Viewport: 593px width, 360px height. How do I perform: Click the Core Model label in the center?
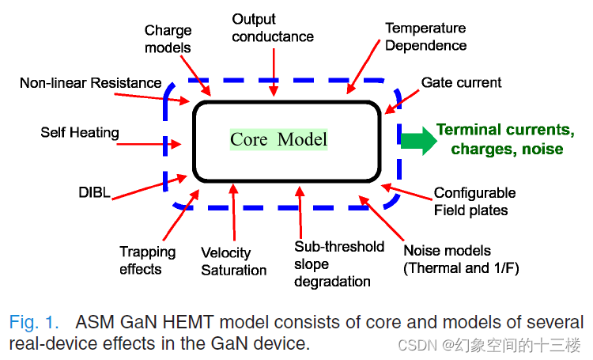pos(278,140)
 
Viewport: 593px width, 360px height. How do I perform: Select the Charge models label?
pos(168,39)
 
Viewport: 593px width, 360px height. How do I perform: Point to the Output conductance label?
pos(273,28)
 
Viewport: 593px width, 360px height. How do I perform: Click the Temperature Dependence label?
pos(425,36)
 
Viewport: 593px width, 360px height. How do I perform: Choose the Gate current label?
pos(461,82)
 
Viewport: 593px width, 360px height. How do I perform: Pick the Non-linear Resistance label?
pos(91,82)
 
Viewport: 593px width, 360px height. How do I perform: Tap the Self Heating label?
pos(80,132)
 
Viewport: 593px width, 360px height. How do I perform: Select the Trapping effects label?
pos(147,260)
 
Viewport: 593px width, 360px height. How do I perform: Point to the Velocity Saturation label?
pos(233,262)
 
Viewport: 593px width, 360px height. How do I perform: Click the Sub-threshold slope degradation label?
pos(338,263)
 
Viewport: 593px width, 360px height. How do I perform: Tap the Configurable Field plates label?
pos(474,201)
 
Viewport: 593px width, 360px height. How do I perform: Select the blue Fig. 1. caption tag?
pos(34,322)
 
